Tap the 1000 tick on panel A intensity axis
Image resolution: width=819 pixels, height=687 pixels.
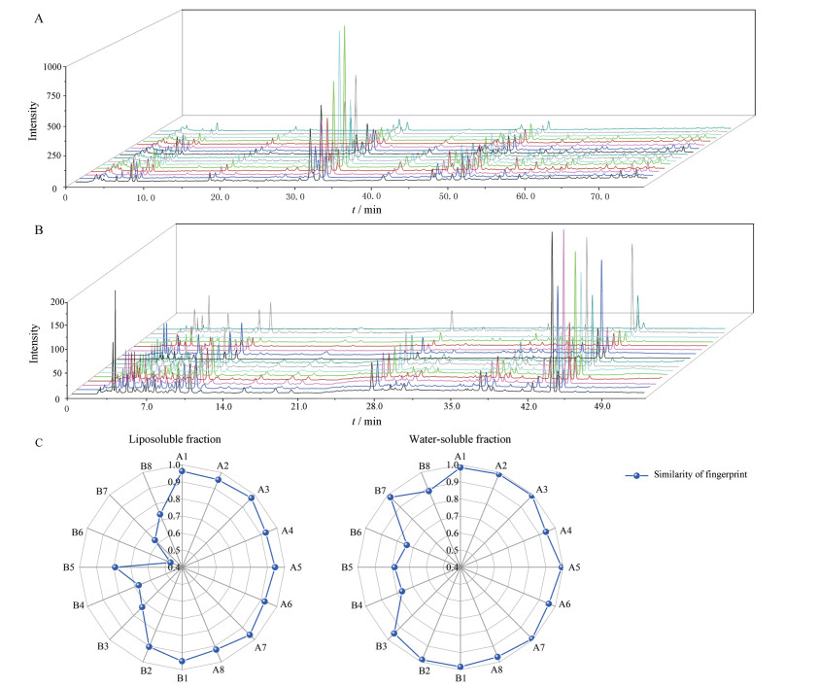(51, 66)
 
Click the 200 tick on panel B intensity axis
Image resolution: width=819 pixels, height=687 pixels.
(54, 303)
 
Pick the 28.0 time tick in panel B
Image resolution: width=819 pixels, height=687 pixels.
(374, 409)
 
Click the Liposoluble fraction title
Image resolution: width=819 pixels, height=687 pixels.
(182, 438)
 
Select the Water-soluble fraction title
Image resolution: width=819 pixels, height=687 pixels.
(461, 438)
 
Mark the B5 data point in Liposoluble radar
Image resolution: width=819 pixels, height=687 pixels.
(116, 567)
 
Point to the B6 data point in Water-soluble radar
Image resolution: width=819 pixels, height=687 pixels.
(407, 545)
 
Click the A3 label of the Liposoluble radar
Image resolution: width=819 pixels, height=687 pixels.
(263, 489)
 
